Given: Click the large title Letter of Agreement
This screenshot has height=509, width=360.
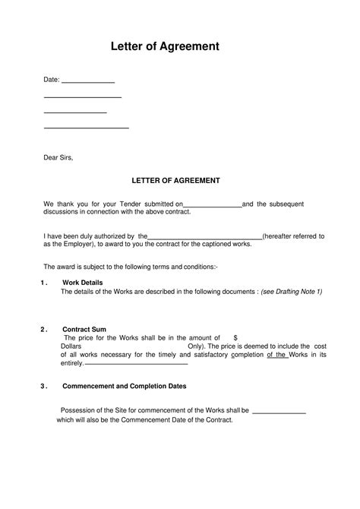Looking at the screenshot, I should (x=165, y=46).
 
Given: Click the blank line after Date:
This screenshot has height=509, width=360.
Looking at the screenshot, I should (x=87, y=80).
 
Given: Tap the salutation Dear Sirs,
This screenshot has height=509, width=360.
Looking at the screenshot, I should (x=58, y=158).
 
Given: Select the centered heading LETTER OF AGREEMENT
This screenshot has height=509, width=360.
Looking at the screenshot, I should (x=176, y=181).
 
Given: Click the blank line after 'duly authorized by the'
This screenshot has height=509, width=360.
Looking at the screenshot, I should (x=205, y=237).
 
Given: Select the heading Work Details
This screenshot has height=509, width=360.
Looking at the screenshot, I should (x=83, y=283).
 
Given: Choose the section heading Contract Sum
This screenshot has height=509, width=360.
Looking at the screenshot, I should (x=85, y=330).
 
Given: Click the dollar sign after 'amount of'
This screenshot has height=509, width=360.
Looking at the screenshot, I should (x=236, y=338).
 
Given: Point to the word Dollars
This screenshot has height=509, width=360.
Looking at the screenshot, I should (x=71, y=346).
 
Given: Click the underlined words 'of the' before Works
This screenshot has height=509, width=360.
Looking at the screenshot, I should (x=276, y=354).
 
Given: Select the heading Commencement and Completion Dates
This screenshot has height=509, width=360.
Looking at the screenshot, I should (x=125, y=386).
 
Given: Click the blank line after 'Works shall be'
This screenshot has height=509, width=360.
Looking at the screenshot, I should (x=278, y=411).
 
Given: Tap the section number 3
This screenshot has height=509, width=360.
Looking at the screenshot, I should (x=43, y=386).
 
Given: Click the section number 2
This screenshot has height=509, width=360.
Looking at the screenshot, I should (x=43, y=330).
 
